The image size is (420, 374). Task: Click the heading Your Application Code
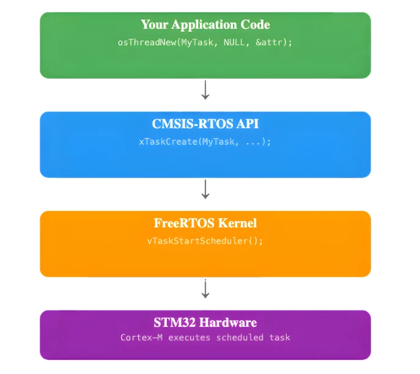click(205, 25)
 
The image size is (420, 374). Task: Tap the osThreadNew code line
click(205, 42)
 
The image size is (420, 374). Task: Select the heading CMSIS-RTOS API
click(205, 124)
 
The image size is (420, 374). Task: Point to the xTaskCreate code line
click(205, 141)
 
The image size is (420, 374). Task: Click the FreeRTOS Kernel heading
click(205, 224)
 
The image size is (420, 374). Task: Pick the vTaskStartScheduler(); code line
click(205, 240)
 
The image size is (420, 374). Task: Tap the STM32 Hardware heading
click(205, 323)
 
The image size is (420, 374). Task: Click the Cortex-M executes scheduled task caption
click(205, 337)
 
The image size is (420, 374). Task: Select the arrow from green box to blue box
click(205, 90)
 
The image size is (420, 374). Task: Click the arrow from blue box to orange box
click(205, 189)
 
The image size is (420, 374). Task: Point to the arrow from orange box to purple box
click(205, 288)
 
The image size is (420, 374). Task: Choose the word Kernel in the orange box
click(235, 224)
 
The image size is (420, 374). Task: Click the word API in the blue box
click(247, 124)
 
